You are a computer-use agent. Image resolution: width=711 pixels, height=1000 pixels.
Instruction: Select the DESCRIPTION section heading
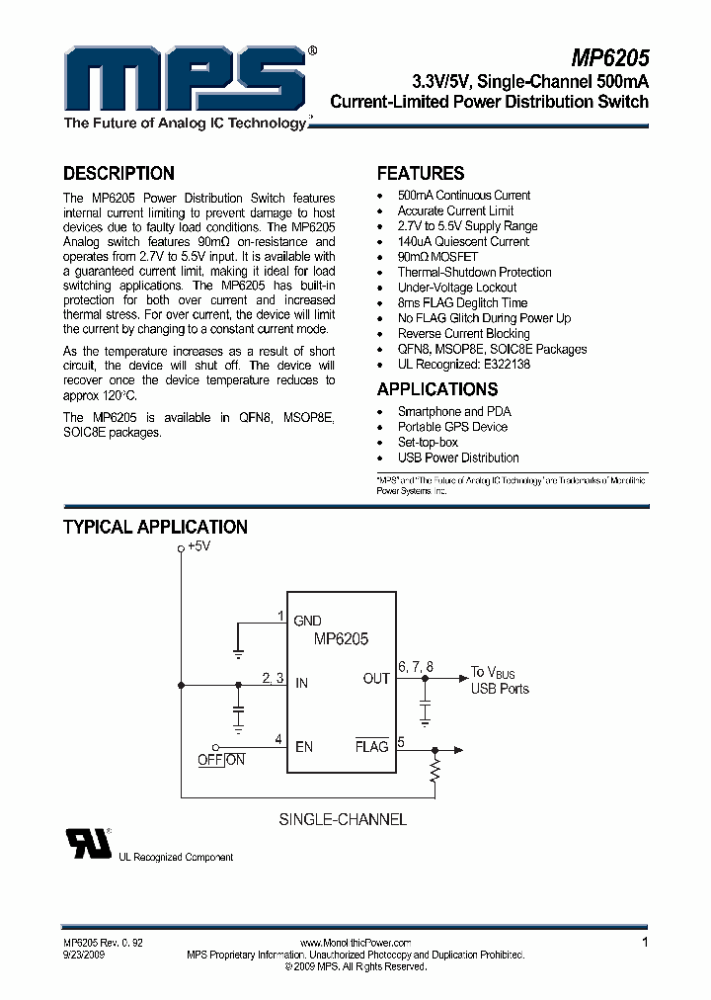pyautogui.click(x=118, y=173)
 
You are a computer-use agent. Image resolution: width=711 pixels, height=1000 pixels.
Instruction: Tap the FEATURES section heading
pyautogui.click(x=421, y=173)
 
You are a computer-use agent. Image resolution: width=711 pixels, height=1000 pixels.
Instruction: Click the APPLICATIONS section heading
pyautogui.click(x=437, y=389)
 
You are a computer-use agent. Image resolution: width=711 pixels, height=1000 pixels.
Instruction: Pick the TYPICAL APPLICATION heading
pyautogui.click(x=155, y=527)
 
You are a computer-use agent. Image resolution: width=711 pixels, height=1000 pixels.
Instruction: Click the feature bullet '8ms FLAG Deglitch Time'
pyautogui.click(x=462, y=302)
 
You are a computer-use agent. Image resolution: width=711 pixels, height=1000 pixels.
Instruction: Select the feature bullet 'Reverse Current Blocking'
pyautogui.click(x=463, y=333)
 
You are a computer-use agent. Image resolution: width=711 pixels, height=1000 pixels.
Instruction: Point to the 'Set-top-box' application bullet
pyautogui.click(x=428, y=442)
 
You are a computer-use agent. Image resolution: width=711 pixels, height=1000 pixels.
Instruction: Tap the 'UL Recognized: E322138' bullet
pyautogui.click(x=463, y=364)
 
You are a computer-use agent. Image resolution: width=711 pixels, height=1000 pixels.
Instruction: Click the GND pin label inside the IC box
pyautogui.click(x=307, y=621)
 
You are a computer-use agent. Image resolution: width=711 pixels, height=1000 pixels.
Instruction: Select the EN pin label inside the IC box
pyautogui.click(x=303, y=746)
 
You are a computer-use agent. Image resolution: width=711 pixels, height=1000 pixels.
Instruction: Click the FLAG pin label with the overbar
pyautogui.click(x=371, y=746)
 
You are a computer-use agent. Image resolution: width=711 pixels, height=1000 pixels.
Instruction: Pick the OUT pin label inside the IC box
pyautogui.click(x=376, y=679)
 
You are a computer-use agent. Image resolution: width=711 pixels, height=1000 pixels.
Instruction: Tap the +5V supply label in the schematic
pyautogui.click(x=198, y=546)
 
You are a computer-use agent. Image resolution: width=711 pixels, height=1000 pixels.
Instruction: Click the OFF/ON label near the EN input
pyautogui.click(x=221, y=760)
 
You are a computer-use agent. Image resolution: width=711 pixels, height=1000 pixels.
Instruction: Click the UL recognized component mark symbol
pyautogui.click(x=88, y=843)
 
